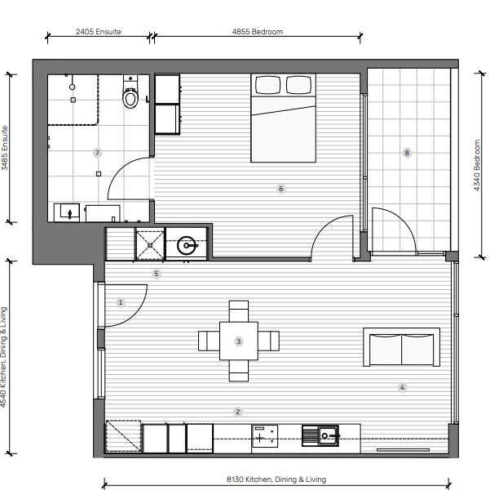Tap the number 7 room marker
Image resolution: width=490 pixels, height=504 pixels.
(x=98, y=153)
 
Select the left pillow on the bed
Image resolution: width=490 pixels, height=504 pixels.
(x=267, y=85)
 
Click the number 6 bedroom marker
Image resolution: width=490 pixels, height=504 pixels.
(x=281, y=189)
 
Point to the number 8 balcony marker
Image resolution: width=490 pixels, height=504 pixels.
(x=407, y=153)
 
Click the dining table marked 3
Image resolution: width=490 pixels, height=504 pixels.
(x=239, y=341)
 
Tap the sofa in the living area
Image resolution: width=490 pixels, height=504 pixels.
(x=401, y=347)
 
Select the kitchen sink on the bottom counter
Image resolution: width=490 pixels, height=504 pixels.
(x=320, y=436)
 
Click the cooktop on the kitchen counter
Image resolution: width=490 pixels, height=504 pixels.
(x=265, y=436)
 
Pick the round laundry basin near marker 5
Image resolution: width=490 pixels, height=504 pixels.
(x=187, y=245)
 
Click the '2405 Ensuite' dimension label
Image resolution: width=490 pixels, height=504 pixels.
(x=99, y=32)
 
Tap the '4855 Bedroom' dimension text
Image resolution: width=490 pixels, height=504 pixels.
(x=258, y=32)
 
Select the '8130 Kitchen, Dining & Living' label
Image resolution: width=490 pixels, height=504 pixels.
(x=276, y=479)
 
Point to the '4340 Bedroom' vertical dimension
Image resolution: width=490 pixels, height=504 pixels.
(x=477, y=165)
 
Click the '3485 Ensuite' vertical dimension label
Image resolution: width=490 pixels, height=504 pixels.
(x=5, y=148)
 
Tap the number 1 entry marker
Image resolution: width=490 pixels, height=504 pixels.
(x=121, y=302)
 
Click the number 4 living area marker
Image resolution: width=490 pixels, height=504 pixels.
(x=402, y=387)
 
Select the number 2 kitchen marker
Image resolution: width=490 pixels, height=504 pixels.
(x=238, y=412)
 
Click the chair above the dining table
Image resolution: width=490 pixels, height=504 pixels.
(x=239, y=311)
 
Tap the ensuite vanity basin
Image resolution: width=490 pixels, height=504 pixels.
(x=69, y=212)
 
